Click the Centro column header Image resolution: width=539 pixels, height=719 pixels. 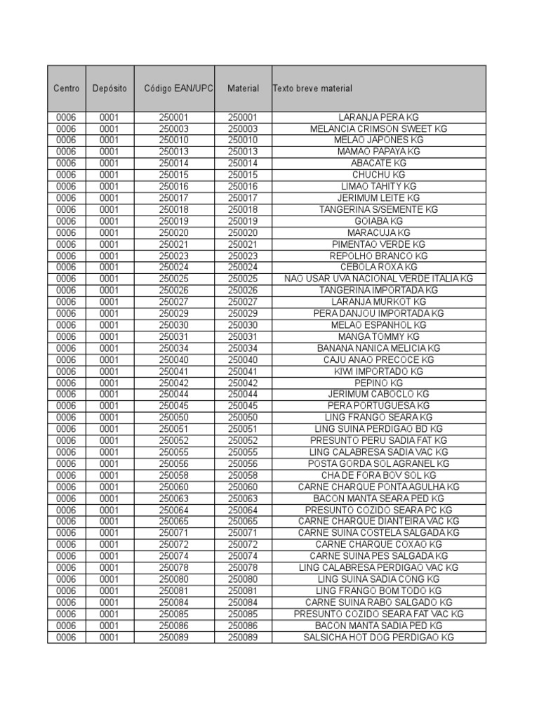pyautogui.click(x=66, y=88)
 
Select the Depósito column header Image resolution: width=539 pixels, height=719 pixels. pyautogui.click(x=109, y=88)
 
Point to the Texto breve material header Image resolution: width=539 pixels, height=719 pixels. pyautogui.click(x=312, y=88)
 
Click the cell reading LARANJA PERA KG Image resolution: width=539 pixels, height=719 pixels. pyautogui.click(x=378, y=117)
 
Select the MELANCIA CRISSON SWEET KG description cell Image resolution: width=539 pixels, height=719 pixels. pyautogui.click(x=378, y=128)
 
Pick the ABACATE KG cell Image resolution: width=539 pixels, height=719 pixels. pyautogui.click(x=378, y=163)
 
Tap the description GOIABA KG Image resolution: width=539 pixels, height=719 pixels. pyautogui.click(x=378, y=221)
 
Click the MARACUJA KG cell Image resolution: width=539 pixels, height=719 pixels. pyautogui.click(x=378, y=232)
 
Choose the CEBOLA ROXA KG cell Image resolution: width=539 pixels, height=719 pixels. pyautogui.click(x=378, y=267)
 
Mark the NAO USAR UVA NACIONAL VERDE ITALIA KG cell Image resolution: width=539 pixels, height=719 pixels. pyautogui.click(x=378, y=279)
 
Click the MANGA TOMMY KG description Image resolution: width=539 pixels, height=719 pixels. pyautogui.click(x=378, y=336)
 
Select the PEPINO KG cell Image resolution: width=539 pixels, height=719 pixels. pyautogui.click(x=378, y=383)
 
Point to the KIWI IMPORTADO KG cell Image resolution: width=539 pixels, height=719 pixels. pyautogui.click(x=378, y=371)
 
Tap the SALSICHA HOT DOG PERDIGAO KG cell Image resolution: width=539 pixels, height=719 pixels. pyautogui.click(x=378, y=637)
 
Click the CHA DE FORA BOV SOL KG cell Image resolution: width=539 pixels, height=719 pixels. pyautogui.click(x=378, y=475)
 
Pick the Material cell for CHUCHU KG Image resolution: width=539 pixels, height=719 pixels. pyautogui.click(x=243, y=175)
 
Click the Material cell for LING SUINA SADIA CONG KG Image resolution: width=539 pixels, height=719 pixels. pyautogui.click(x=243, y=579)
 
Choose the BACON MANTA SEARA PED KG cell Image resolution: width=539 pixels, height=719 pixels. pyautogui.click(x=378, y=499)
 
